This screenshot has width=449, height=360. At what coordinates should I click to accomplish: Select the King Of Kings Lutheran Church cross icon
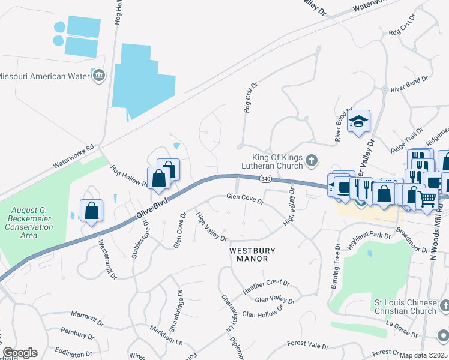point(311,160)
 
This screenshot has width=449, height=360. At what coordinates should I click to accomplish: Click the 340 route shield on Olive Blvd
point(266,179)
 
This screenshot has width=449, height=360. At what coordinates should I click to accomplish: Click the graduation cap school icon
point(358,121)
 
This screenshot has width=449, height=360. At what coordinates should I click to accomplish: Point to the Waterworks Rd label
point(74,155)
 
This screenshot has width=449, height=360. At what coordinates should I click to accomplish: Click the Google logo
point(20,353)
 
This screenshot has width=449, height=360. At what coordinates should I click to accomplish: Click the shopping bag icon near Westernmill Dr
point(91,211)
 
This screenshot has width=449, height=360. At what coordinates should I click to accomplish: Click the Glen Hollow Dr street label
point(262,313)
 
